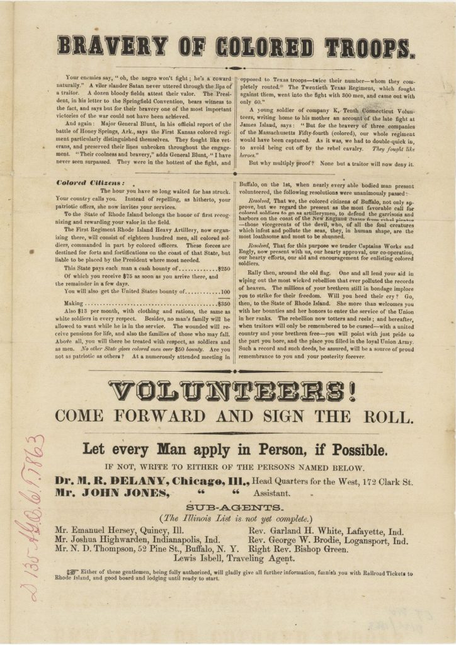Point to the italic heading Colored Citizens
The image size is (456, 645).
[83, 183]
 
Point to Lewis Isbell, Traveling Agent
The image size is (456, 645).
[233, 559]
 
